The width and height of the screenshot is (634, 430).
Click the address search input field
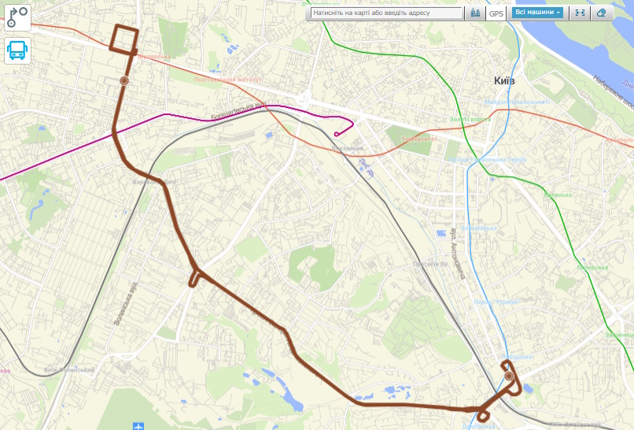385,13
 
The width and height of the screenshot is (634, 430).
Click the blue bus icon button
17,50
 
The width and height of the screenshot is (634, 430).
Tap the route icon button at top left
17,17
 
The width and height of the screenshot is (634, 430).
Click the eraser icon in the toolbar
602,13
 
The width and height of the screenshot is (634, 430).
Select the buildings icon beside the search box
474,13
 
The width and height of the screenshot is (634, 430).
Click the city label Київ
506,81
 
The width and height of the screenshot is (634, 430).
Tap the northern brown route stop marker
124,80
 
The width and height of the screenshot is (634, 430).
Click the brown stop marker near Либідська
510,376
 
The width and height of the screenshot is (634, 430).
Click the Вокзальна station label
348,148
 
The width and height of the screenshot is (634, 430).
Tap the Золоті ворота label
470,119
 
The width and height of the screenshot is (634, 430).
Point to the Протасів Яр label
432,264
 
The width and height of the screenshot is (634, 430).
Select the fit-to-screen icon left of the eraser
580,13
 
